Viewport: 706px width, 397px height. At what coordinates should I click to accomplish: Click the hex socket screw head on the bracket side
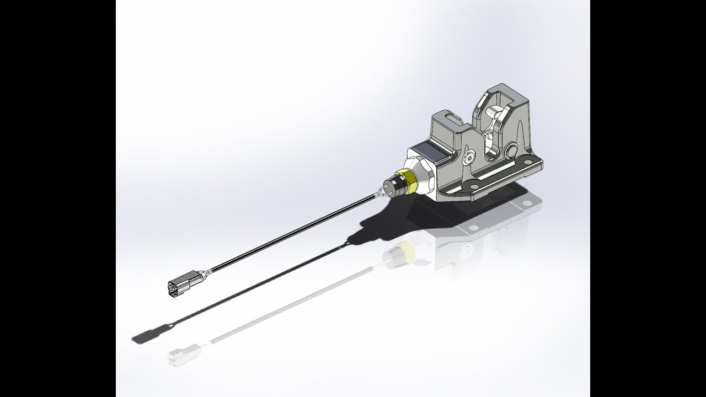[x=469, y=158]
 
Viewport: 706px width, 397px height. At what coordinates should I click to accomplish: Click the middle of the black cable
[x=287, y=234]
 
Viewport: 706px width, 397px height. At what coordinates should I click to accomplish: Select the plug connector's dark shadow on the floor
[x=145, y=334]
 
